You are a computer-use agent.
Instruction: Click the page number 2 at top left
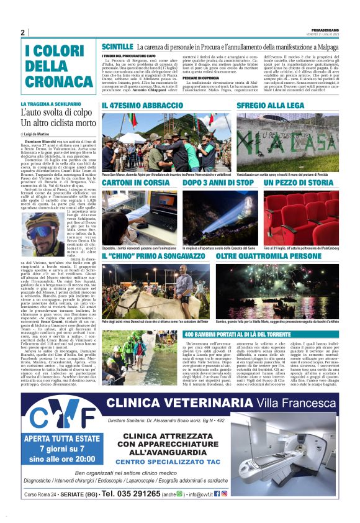pyautogui.click(x=22, y=32)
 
